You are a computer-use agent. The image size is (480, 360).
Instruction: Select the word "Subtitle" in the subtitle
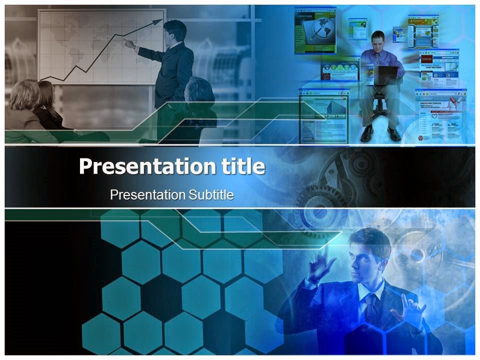point(211,194)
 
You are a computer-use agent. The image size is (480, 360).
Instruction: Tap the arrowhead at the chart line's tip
point(158,22)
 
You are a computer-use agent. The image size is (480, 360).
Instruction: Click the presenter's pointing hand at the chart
point(129,44)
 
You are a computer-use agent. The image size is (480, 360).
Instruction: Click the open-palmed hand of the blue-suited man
point(409,310)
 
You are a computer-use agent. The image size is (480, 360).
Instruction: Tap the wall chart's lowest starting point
point(40,79)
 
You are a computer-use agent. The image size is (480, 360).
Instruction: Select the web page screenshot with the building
point(324,115)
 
